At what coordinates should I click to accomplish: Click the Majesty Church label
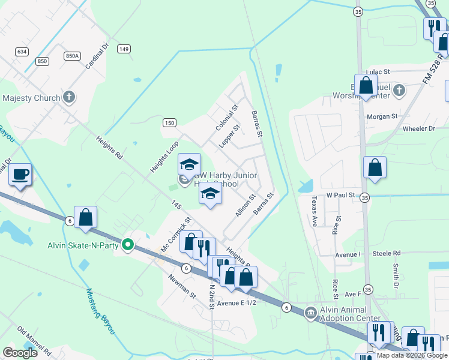point(31,98)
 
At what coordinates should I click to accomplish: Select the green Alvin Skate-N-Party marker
point(127,244)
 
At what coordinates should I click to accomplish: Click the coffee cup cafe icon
point(20,174)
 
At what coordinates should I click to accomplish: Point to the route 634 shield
point(22,52)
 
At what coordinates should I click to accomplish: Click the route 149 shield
point(124,49)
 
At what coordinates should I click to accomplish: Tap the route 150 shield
point(169,122)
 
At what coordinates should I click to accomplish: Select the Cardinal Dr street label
point(95,55)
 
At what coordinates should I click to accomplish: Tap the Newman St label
point(182,287)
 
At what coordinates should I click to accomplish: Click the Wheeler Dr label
point(419,128)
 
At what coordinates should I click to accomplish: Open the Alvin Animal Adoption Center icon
point(311,311)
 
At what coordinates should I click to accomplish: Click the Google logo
point(20,353)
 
